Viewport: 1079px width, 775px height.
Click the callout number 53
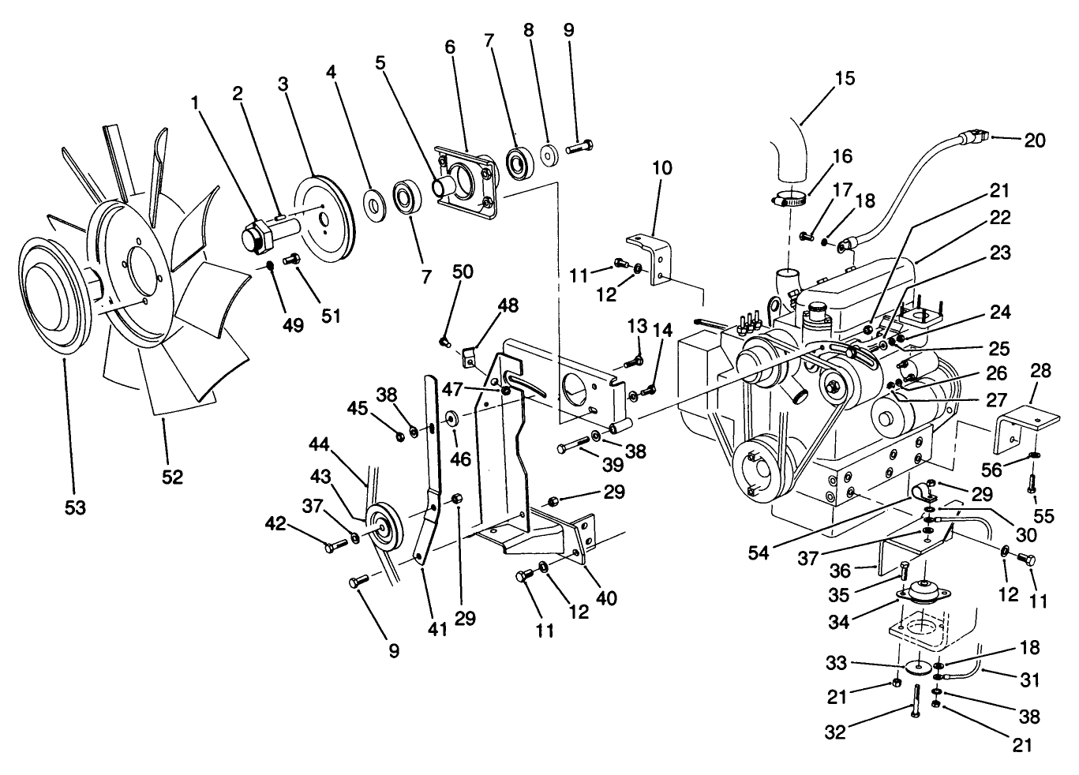coord(74,507)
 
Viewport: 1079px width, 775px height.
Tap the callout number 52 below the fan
coord(172,477)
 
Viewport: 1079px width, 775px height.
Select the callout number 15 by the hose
coord(844,78)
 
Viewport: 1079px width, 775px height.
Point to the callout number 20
coord(1034,140)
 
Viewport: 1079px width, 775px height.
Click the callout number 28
coord(1040,370)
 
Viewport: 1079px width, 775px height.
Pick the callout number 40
coord(606,600)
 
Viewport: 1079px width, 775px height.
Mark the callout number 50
coord(463,273)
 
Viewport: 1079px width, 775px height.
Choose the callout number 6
coord(450,47)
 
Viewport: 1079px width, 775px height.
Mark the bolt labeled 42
coord(334,545)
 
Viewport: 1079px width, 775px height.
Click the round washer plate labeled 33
coord(915,667)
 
